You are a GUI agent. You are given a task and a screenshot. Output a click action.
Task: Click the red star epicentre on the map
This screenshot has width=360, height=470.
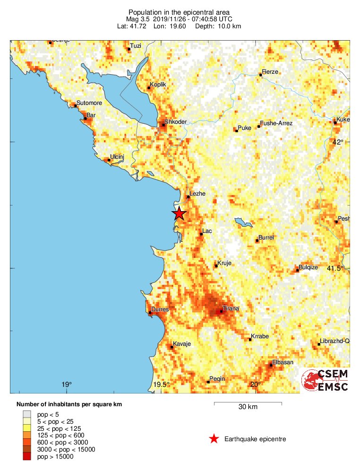[179, 214]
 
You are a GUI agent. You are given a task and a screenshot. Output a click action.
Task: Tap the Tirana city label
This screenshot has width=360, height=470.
[231, 308]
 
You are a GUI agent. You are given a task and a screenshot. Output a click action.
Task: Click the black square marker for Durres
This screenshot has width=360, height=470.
[150, 313]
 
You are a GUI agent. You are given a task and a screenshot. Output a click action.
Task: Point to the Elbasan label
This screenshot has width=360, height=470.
[283, 362]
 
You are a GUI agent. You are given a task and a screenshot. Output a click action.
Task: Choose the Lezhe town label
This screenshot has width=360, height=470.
[197, 194]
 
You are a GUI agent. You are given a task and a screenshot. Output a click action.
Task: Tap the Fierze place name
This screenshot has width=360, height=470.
[270, 72]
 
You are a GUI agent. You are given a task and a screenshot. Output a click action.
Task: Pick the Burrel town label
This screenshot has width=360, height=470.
[266, 238]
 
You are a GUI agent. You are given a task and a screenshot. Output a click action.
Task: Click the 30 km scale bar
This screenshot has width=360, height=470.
[248, 403]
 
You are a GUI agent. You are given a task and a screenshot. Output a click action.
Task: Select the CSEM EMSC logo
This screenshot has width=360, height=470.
[326, 380]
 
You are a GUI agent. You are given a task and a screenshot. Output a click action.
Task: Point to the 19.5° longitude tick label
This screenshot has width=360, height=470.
[162, 385]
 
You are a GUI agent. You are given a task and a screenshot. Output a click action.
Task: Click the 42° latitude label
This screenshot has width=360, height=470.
[338, 142]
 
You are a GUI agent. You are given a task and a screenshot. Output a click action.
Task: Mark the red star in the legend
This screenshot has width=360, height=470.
[214, 439]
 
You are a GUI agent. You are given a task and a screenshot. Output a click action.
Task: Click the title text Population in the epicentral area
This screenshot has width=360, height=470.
[179, 12]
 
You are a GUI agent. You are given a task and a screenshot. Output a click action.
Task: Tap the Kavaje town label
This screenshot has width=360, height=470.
[182, 344]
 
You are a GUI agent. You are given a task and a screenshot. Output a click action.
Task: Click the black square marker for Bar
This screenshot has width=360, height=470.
[85, 118]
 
